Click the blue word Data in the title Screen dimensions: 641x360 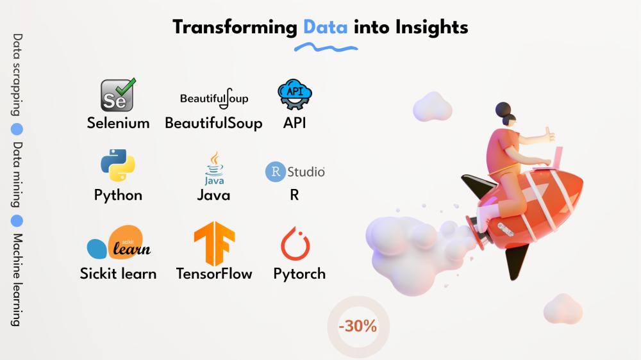coord(326,28)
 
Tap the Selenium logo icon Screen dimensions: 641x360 coord(118,95)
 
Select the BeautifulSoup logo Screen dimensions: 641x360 coord(214,99)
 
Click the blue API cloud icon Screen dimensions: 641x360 coord(295,94)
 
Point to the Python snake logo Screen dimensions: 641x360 coord(118,165)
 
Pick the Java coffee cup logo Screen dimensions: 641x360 coord(214,168)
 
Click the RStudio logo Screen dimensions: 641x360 coord(295,172)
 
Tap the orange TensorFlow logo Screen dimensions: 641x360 coord(214,243)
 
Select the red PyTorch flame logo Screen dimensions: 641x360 coord(295,243)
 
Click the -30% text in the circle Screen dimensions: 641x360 coord(358,326)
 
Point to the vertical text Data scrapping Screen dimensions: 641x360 coord(17,75)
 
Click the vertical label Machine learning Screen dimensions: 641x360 coord(17,280)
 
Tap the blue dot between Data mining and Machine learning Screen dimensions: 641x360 coord(17,220)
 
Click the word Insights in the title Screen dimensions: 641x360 coord(431,28)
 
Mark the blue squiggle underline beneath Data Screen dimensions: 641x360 coord(326,48)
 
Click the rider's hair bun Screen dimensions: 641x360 coord(503,109)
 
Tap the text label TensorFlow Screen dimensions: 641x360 coord(214,274)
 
